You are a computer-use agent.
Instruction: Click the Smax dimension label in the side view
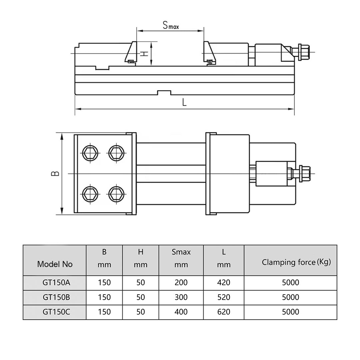click(x=170, y=25)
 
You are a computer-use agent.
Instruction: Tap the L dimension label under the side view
click(x=184, y=102)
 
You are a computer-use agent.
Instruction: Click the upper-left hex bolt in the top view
click(x=90, y=153)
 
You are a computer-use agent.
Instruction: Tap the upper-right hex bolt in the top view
click(x=116, y=153)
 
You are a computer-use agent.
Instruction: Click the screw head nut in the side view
click(x=304, y=52)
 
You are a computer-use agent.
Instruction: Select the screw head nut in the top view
click(x=304, y=174)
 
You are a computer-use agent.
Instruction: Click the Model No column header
click(x=55, y=264)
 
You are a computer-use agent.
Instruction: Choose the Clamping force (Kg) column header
click(x=296, y=262)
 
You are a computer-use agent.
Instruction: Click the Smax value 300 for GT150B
click(x=181, y=297)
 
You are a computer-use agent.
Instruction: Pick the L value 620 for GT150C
click(x=223, y=312)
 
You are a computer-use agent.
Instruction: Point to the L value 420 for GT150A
click(x=223, y=283)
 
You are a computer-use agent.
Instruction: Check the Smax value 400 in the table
click(x=181, y=312)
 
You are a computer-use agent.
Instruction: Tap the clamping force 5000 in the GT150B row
click(x=290, y=297)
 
